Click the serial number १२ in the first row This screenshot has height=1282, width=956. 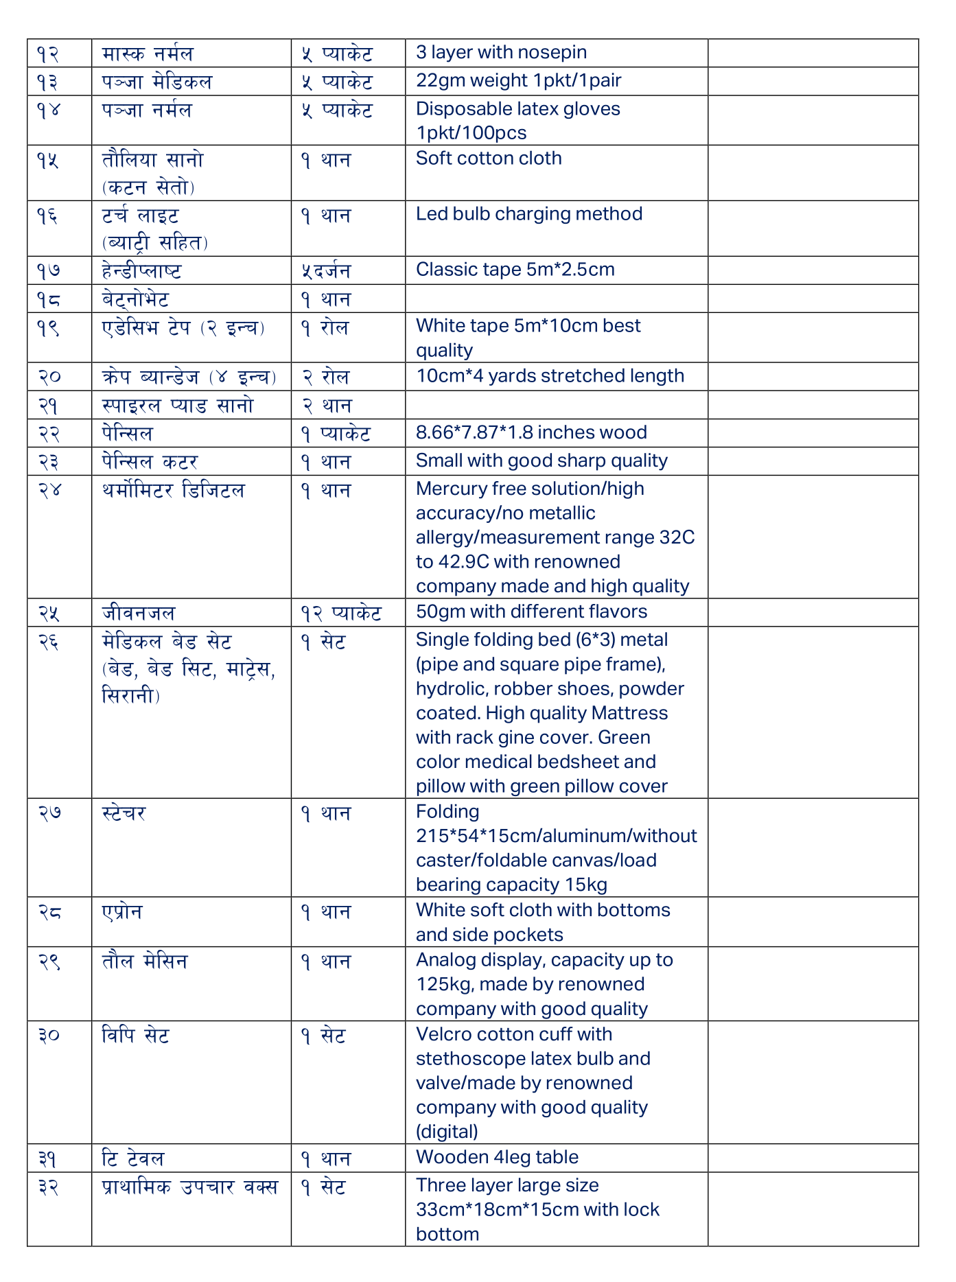pos(47,54)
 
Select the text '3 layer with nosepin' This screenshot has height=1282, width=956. pos(501,53)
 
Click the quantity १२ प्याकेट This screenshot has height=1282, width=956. pos(340,613)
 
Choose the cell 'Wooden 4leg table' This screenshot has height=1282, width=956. pos(497,1157)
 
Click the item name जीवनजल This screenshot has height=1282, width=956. pos(139,613)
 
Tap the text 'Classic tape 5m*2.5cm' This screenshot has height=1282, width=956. pos(515,270)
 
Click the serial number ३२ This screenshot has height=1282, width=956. pos(48,1187)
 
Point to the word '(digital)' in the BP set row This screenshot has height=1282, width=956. pos(447,1131)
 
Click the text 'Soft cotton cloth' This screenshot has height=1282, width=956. pos(489,159)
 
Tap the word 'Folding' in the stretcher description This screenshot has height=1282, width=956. pos(447,812)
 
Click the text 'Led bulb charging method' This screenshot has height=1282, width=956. pos(529,214)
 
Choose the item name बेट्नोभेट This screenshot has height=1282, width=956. pos(135,299)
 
